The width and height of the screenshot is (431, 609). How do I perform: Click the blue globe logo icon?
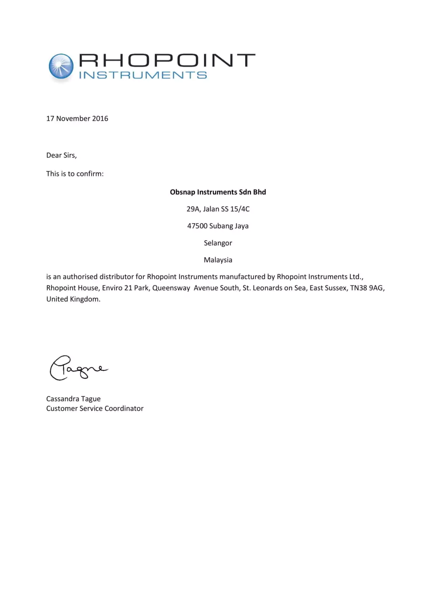61,66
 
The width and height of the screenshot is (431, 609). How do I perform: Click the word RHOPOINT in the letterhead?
167,60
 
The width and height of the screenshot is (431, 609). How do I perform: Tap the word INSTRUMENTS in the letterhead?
143,75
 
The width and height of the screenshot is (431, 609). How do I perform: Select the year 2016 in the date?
100,119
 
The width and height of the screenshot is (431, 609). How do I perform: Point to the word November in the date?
73,119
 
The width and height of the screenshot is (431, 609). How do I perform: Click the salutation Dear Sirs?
62,155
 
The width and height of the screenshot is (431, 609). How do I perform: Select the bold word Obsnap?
183,192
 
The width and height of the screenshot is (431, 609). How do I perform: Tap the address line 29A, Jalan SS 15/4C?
218,209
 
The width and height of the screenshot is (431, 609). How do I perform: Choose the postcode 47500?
197,226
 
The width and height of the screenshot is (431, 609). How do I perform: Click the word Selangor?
218,243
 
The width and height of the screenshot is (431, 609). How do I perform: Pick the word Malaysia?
218,260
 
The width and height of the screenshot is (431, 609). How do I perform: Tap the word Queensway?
171,288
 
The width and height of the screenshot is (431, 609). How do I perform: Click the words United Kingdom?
73,299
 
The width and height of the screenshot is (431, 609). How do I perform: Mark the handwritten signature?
78,368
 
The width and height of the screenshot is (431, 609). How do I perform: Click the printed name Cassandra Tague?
73,399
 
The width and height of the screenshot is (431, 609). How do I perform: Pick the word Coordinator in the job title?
124,408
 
